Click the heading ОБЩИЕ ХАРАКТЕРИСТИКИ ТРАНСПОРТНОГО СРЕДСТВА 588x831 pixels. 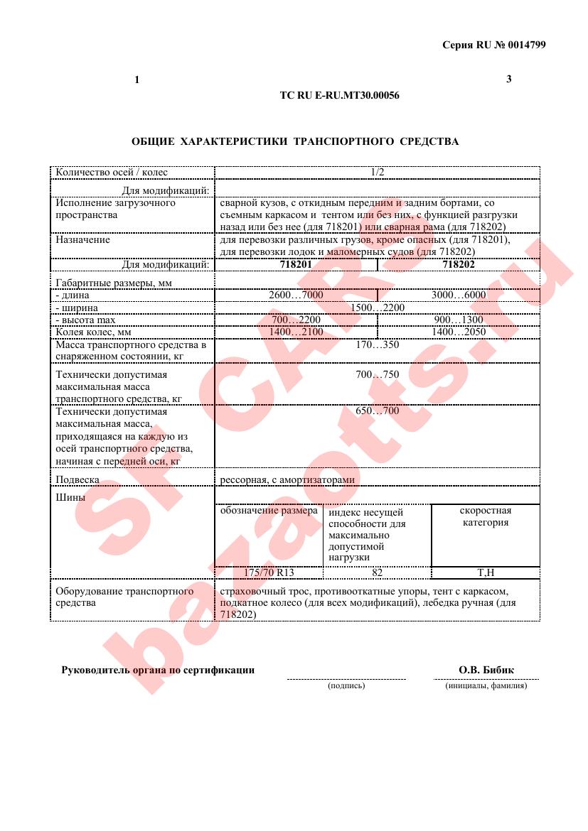pos(295,141)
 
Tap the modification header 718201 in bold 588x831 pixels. pos(296,264)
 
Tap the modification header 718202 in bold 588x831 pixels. pos(458,264)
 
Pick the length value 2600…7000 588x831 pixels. pos(296,295)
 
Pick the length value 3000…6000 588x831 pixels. pos(458,295)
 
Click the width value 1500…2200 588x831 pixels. pos(377,308)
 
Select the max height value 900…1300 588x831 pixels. pos(458,320)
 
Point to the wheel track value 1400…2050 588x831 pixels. pos(458,332)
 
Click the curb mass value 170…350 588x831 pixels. pos(377,345)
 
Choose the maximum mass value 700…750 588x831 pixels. pos(377,374)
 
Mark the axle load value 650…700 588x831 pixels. pos(377,411)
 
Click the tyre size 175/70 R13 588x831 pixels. pos(269,572)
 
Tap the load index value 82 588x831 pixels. pos(377,572)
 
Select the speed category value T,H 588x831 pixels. pos(485,572)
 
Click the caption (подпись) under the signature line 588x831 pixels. pos(346,686)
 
